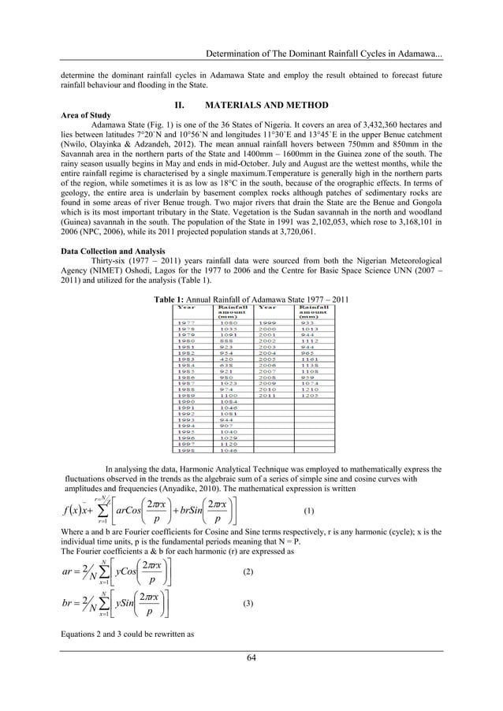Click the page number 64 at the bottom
[251, 679]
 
